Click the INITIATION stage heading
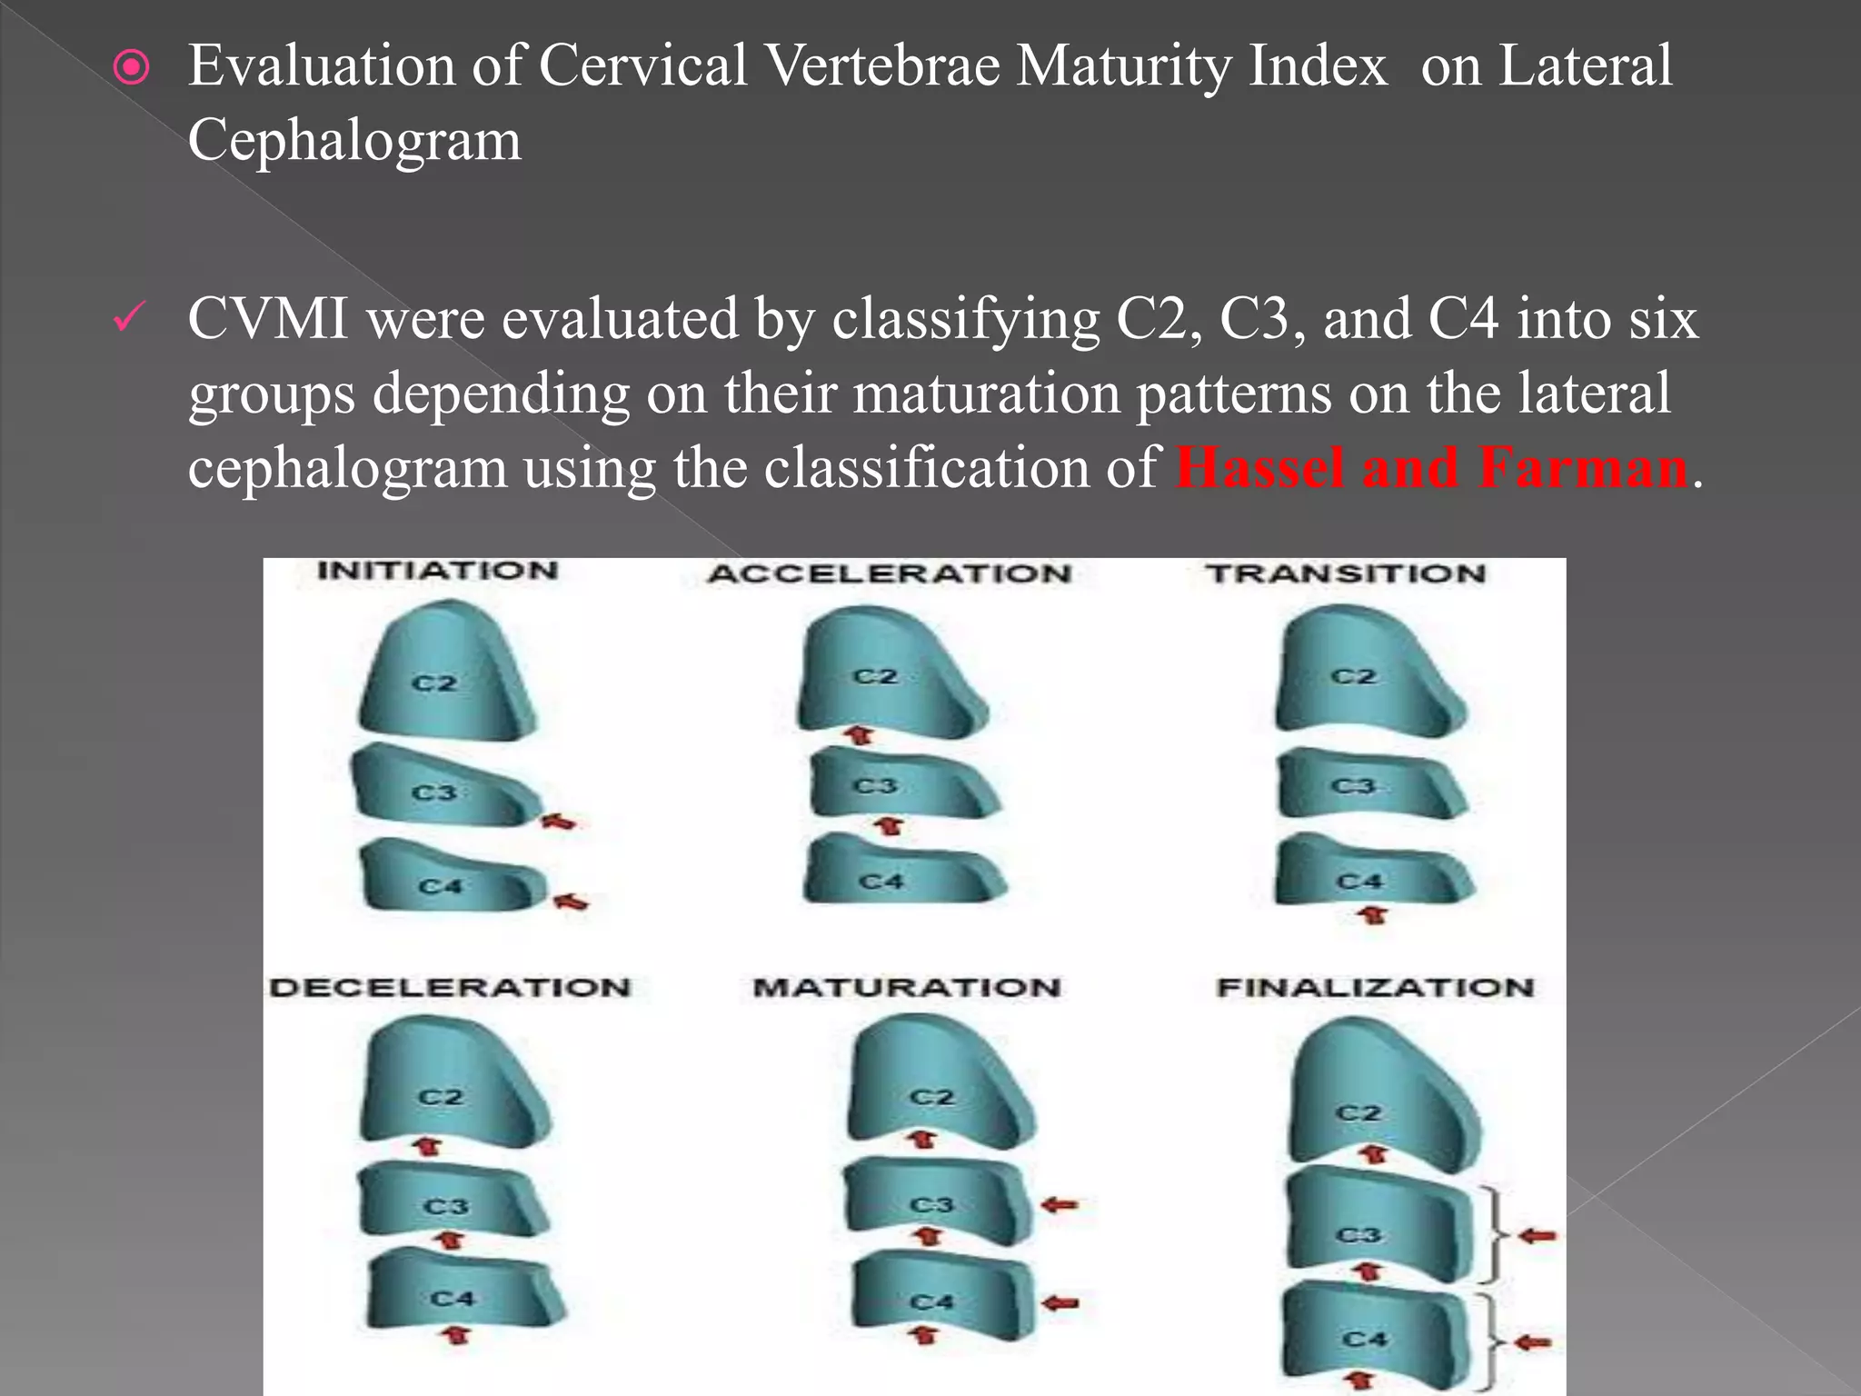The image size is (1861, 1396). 437,572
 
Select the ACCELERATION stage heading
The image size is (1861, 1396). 891,574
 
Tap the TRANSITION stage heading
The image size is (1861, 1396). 1346,574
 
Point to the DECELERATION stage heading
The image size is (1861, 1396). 451,988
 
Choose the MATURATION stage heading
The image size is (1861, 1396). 907,988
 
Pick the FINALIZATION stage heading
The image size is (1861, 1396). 1375,988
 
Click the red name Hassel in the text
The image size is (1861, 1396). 1259,468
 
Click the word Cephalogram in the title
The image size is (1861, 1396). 354,141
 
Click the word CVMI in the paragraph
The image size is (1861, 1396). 268,320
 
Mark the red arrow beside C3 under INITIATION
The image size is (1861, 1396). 560,822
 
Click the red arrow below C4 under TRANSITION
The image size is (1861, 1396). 1373,915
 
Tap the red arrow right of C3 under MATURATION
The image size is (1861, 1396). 1060,1205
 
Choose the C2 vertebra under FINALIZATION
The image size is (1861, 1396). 1381,1100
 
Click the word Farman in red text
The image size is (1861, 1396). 1583,468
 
